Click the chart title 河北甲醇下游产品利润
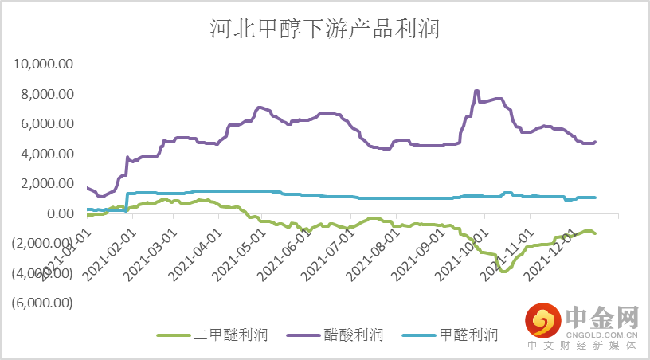click(x=324, y=30)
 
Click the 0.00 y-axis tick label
click(x=61, y=213)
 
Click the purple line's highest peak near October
click(x=476, y=91)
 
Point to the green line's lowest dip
click(x=503, y=272)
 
